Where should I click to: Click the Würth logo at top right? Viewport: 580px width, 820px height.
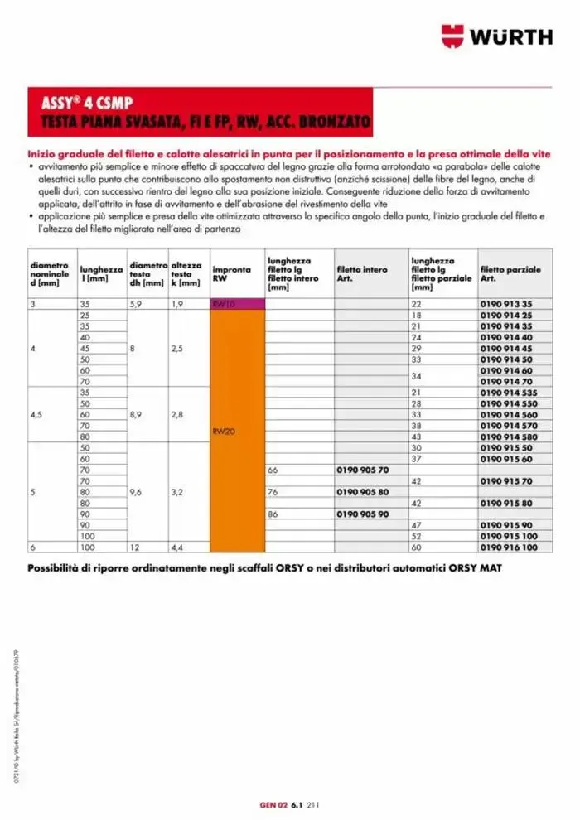[x=496, y=36]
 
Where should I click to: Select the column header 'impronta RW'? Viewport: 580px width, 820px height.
[x=226, y=274]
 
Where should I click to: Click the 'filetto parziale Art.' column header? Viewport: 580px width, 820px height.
[x=510, y=274]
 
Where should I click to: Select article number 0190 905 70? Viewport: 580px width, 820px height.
[x=363, y=470]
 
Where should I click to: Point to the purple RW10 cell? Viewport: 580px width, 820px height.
[x=237, y=304]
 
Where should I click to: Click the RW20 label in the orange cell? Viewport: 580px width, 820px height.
[x=224, y=431]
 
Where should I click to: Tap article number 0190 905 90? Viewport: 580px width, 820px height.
[x=363, y=514]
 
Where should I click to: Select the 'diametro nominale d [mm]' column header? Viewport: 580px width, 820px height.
[x=50, y=274]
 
